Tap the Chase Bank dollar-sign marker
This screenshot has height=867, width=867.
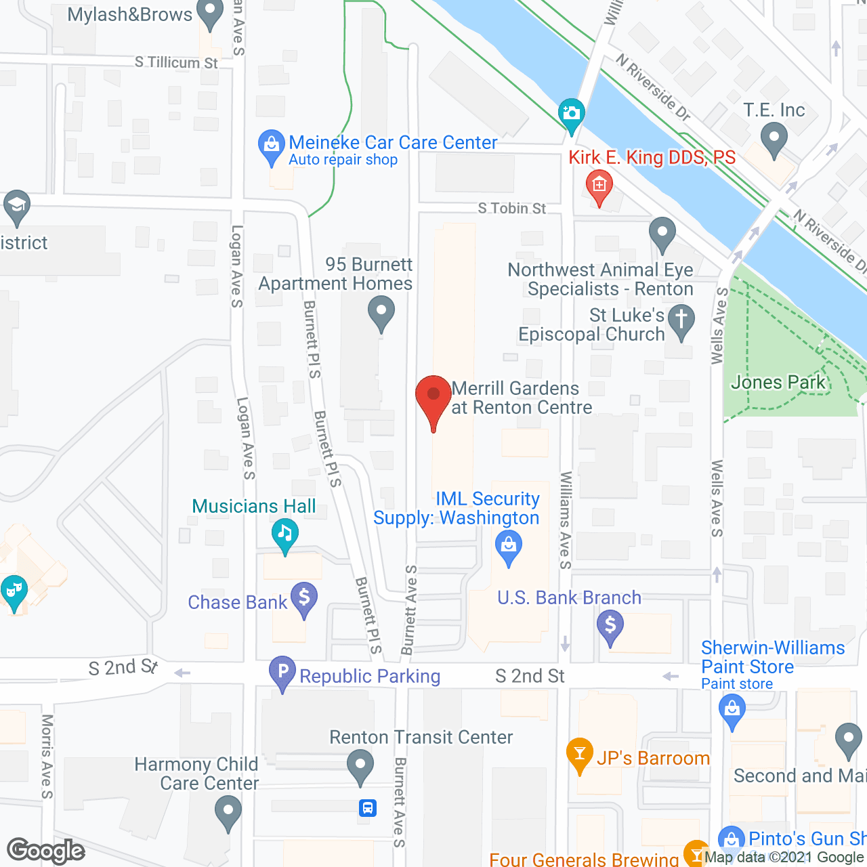(x=304, y=599)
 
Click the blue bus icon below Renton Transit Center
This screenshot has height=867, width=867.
(x=368, y=807)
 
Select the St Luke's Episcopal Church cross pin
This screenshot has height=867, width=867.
(x=681, y=320)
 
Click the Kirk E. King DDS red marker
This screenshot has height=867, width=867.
(x=599, y=186)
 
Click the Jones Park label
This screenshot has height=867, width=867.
(x=778, y=383)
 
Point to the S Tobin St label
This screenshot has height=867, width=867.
(x=511, y=208)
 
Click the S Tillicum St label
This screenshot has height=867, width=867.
(x=176, y=62)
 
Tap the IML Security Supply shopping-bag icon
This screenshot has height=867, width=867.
(x=509, y=546)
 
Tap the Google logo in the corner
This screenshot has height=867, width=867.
(x=46, y=851)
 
